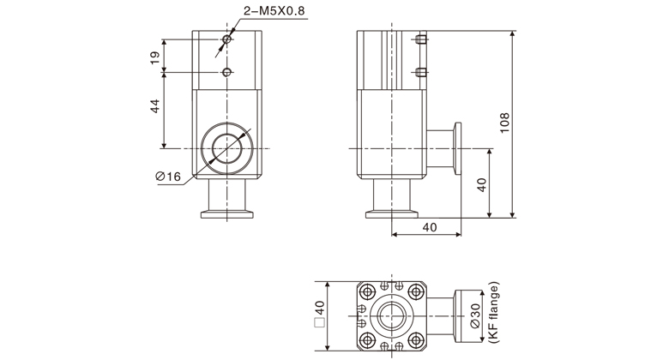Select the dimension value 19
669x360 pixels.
point(154,58)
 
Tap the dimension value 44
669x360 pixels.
point(154,108)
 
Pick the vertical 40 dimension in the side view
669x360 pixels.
point(482,184)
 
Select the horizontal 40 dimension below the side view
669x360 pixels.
point(429,226)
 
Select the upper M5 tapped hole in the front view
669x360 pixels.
point(227,41)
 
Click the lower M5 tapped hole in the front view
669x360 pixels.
point(227,71)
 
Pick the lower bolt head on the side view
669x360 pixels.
point(420,71)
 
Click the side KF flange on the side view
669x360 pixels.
point(457,148)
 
